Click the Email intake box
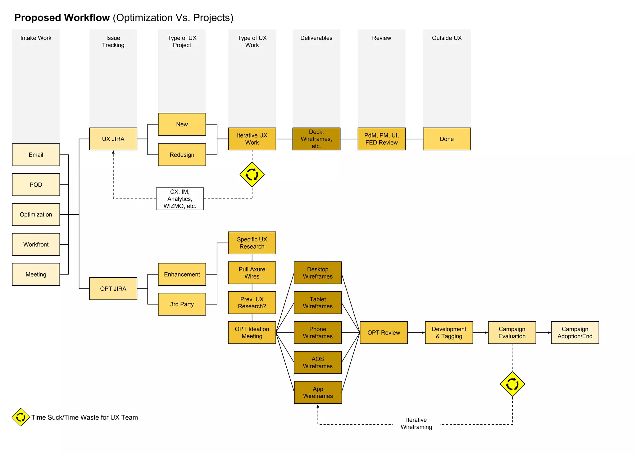[36, 155]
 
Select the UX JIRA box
[113, 139]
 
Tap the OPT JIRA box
[113, 288]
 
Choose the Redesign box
[182, 155]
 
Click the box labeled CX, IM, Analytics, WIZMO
[180, 199]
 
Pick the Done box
[447, 139]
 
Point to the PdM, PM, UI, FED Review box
[381, 139]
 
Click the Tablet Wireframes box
[318, 302]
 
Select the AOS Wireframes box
[318, 362]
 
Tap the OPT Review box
[384, 333]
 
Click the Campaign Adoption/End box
[575, 333]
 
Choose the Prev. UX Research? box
[252, 302]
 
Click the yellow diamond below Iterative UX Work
[252, 175]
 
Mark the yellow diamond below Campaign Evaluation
[512, 384]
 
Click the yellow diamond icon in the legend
[20, 417]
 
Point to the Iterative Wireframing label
[416, 423]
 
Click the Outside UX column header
[447, 38]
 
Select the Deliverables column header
[316, 38]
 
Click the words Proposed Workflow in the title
[62, 18]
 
